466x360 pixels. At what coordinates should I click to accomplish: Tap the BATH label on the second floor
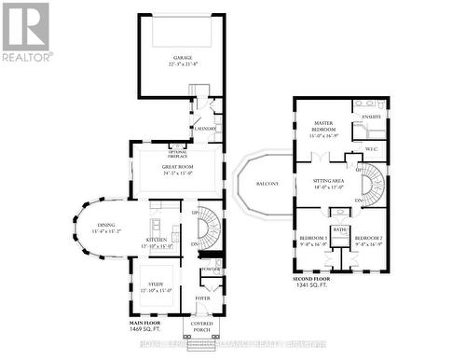[x=340, y=229]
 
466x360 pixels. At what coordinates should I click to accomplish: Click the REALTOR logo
[x=26, y=32]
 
